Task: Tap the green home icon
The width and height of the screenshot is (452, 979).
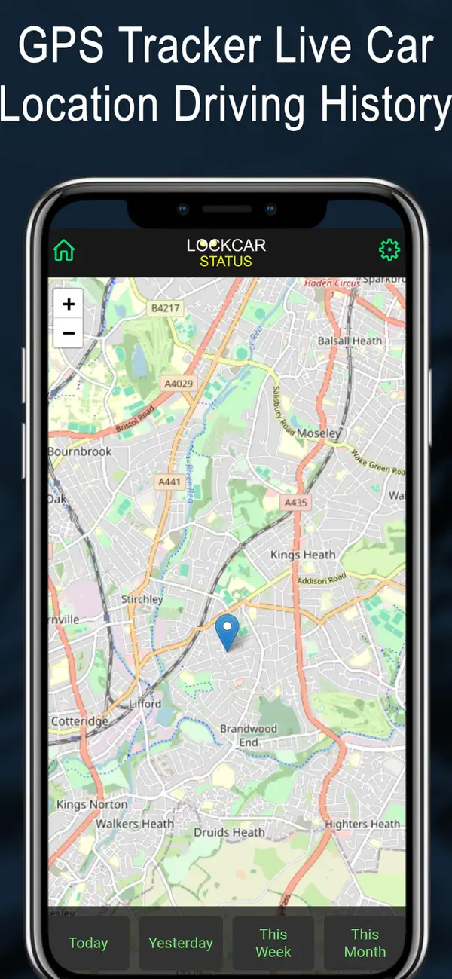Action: point(64,250)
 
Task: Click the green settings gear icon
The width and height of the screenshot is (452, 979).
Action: point(389,250)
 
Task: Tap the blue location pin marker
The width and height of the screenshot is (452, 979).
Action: point(227,632)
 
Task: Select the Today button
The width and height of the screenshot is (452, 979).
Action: point(88,943)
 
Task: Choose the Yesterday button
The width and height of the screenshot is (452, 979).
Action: point(181,943)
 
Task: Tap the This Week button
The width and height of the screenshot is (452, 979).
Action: point(273,943)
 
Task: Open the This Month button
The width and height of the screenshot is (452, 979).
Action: point(365,943)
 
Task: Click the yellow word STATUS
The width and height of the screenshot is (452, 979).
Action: point(226,262)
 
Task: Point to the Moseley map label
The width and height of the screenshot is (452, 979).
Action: point(319,433)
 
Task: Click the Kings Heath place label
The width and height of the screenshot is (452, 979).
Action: point(303,555)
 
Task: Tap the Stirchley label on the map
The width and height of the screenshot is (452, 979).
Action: point(142,599)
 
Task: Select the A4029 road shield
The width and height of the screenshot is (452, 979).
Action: point(179,384)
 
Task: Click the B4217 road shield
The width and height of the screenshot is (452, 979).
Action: point(165,307)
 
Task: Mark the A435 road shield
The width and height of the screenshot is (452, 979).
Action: point(295,502)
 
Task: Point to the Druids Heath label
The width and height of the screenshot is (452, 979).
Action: point(229,832)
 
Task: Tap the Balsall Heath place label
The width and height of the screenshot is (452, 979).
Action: point(350,341)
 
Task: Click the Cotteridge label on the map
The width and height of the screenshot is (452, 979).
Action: point(79,721)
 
